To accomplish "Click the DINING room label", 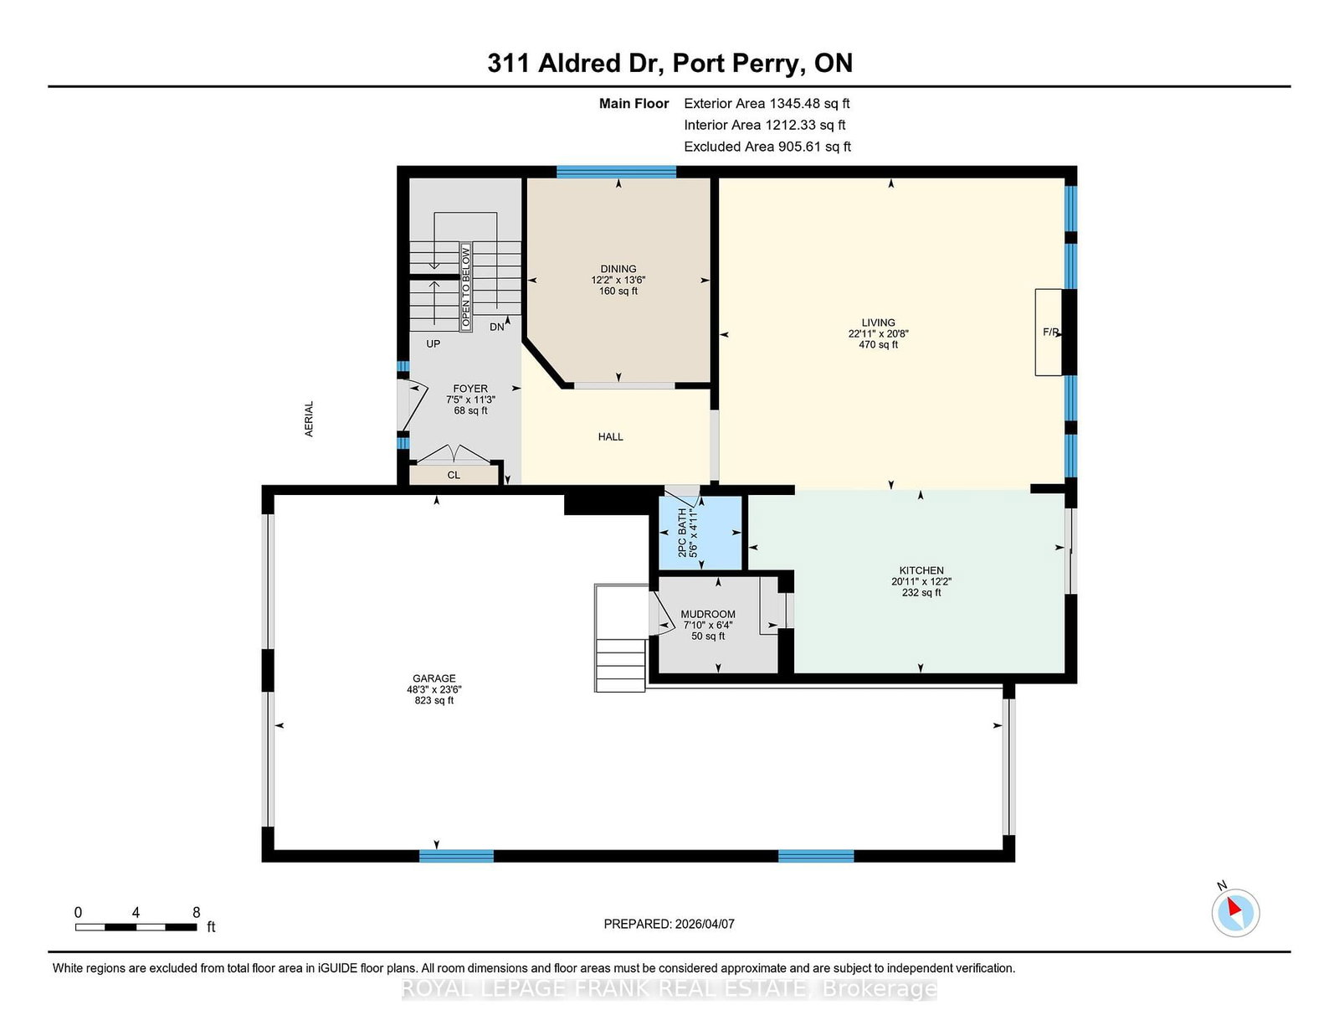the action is (x=618, y=269).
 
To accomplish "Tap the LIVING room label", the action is (x=878, y=322).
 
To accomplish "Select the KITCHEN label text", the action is (x=921, y=570).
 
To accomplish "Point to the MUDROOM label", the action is (x=707, y=614).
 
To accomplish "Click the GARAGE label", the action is (x=434, y=678).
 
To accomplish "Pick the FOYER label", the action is (x=470, y=389).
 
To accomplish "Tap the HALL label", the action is (x=611, y=436).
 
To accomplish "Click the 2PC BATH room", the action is (x=700, y=533).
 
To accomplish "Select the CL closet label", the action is (x=454, y=475).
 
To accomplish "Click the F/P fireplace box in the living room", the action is (x=1049, y=332).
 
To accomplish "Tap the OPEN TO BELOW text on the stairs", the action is (x=466, y=287).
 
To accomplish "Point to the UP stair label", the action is (x=434, y=343).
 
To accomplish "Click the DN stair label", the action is (x=496, y=327).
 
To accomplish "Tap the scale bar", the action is (x=136, y=927).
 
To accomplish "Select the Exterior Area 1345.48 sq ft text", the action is (x=767, y=104).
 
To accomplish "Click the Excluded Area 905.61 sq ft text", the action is (x=767, y=147).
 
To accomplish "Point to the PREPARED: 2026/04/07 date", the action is (x=669, y=924).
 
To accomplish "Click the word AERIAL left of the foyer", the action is (x=309, y=419).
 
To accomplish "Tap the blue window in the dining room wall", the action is (x=616, y=172).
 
